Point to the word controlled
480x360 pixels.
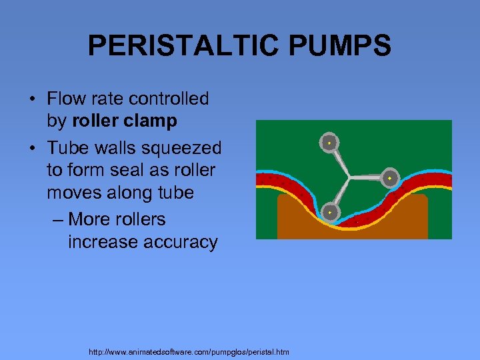(x=169, y=99)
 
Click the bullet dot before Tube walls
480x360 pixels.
(x=33, y=148)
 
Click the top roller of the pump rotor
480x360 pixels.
(x=329, y=143)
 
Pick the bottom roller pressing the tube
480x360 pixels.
(x=329, y=212)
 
